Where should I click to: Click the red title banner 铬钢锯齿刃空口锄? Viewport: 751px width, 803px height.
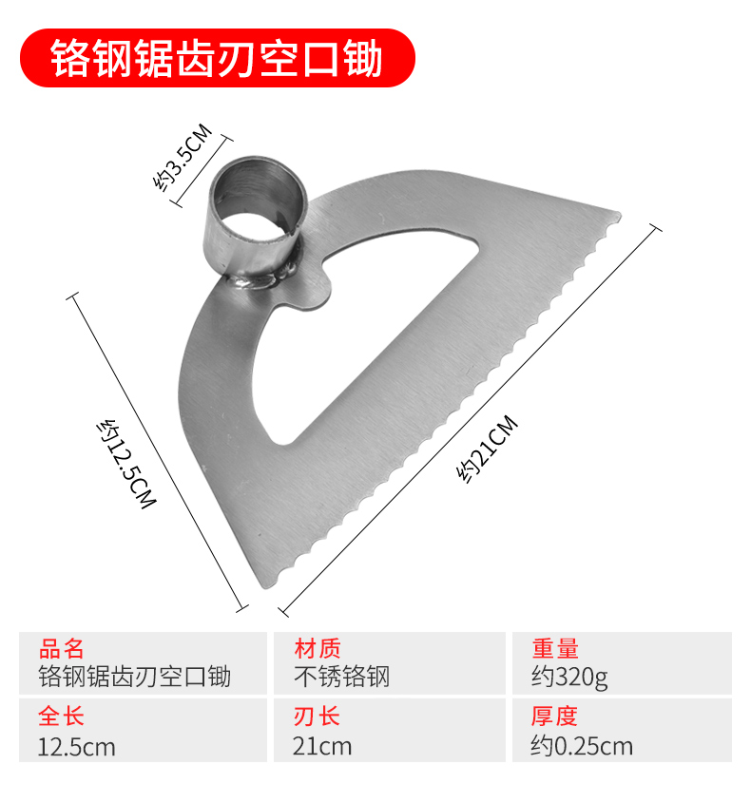[218, 58]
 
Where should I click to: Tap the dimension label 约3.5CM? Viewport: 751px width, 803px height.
[182, 159]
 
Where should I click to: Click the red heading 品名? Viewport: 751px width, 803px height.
[62, 650]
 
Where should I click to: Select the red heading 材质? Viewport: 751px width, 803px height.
[318, 650]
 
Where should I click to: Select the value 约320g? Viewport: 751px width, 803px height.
[570, 677]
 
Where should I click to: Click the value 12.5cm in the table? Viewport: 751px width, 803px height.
[77, 747]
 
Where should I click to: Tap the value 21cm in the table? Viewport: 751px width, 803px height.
[322, 747]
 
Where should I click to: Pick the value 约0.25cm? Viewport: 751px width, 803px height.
[582, 747]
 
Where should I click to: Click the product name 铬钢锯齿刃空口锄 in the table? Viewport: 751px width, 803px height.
[134, 677]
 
